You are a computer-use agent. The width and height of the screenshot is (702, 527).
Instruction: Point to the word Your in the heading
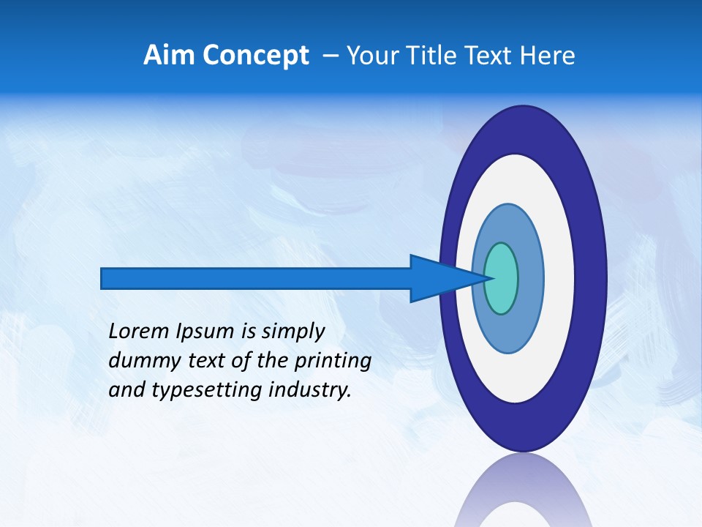pyautogui.click(x=371, y=56)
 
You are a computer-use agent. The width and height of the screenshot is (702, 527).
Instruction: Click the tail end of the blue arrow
pyautogui.click(x=106, y=278)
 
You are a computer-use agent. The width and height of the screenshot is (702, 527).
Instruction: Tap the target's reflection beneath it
pyautogui.click(x=523, y=494)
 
